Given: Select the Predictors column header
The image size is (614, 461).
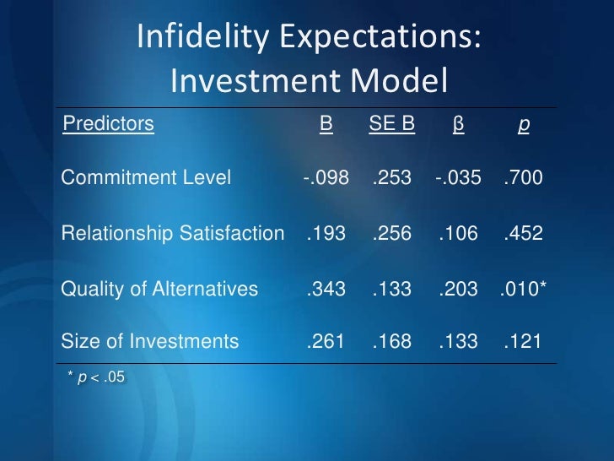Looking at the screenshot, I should (109, 125).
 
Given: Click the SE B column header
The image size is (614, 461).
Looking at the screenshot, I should (392, 125).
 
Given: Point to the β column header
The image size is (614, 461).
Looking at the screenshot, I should (459, 125).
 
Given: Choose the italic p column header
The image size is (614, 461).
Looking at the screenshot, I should (524, 126).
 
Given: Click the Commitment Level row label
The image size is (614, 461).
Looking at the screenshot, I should (146, 178).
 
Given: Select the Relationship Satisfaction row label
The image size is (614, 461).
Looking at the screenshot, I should (173, 233).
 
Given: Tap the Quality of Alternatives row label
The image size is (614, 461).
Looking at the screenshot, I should (159, 289).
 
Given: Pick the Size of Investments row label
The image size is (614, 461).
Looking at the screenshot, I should (150, 342).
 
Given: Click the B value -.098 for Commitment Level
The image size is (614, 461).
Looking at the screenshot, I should (326, 178).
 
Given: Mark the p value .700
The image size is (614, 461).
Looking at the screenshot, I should (523, 178).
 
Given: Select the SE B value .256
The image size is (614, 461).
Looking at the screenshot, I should (392, 233).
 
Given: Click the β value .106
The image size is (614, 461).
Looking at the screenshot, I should (459, 233).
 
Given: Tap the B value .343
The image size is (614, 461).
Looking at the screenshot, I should (326, 289).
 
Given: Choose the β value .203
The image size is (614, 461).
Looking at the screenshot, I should (459, 289).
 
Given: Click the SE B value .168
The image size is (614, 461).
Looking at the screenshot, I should (392, 342).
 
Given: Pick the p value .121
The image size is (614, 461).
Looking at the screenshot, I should (523, 342).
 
